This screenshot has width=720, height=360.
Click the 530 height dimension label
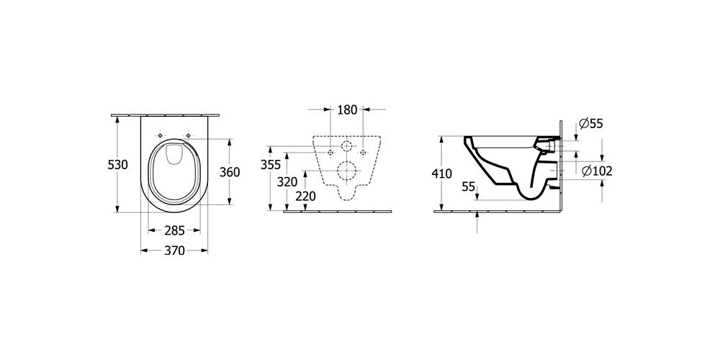pyautogui.click(x=117, y=165)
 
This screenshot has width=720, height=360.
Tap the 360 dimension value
pyautogui.click(x=230, y=172)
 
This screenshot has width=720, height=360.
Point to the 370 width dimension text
pyautogui.click(x=174, y=251)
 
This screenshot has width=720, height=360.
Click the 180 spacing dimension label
pyautogui.click(x=348, y=110)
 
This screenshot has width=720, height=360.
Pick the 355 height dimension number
pyautogui.click(x=271, y=165)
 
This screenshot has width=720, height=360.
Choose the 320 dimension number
pyautogui.click(x=287, y=181)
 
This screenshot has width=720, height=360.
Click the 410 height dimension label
pyautogui.click(x=442, y=173)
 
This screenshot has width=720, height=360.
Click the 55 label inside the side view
pyautogui.click(x=469, y=186)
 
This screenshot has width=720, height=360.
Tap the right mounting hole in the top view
pyautogui.click(x=189, y=135)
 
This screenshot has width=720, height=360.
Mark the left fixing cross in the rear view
pyautogui.click(x=330, y=153)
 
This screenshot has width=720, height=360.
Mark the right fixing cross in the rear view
pyautogui.click(x=364, y=153)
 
